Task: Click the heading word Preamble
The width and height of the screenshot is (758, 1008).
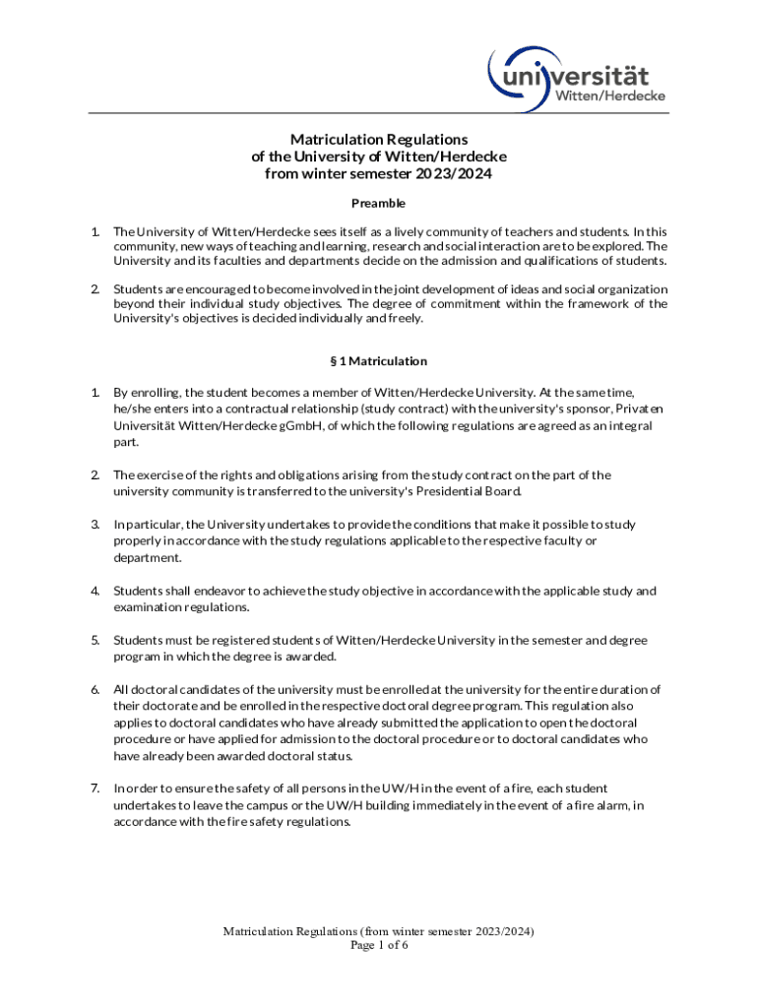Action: point(379,204)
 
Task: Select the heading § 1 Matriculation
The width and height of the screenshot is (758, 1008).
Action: point(379,361)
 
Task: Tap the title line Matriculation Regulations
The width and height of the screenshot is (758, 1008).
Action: point(379,140)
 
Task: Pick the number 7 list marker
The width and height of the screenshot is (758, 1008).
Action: point(95,787)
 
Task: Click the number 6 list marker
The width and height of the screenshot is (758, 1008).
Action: point(95,689)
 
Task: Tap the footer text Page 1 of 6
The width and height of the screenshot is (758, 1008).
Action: point(379,945)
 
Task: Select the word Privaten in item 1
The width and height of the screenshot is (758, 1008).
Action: point(639,409)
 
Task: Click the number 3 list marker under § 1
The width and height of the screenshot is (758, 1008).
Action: point(95,524)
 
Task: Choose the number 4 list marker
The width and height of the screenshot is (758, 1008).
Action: point(95,591)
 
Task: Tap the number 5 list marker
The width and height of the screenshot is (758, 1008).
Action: point(95,640)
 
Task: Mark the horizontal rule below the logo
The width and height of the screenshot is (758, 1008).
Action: point(379,113)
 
